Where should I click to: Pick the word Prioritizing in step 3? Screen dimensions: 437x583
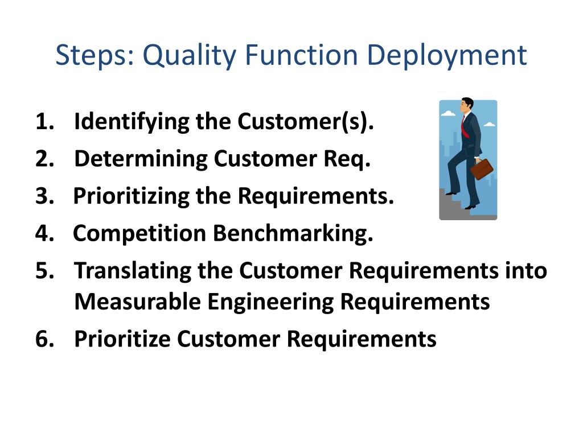pos(131,196)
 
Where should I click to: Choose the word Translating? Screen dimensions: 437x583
pos(133,271)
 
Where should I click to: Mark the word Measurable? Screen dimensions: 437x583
pos(137,302)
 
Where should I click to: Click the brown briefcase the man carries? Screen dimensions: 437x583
pos(482,168)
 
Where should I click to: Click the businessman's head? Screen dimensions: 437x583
pos(467,104)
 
